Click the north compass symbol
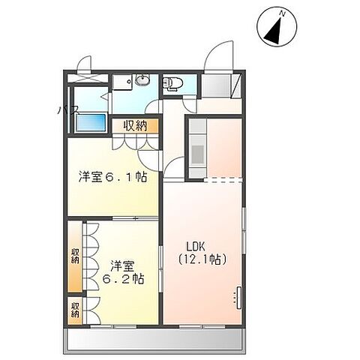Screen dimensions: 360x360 click(x=274, y=28)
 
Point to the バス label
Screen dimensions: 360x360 click(x=66, y=111)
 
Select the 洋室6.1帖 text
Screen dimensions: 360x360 click(x=112, y=178)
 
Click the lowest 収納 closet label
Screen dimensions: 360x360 click(x=75, y=308)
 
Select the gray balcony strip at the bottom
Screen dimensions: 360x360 click(x=155, y=342)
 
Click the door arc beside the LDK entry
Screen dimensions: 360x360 click(x=174, y=166)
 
